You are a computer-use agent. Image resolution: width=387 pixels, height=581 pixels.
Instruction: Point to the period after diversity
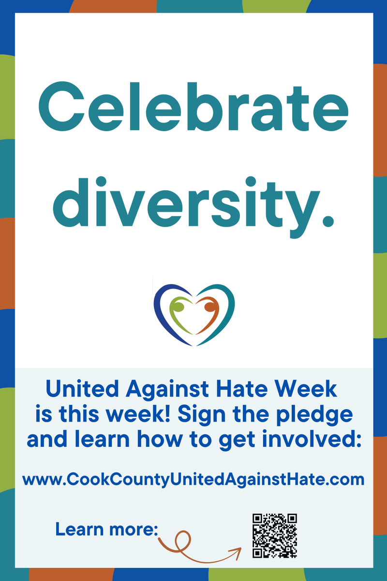click(327, 220)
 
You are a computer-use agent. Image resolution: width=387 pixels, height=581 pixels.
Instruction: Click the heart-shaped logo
click(194, 315)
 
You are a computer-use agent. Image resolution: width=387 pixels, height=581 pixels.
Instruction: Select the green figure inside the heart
click(179, 315)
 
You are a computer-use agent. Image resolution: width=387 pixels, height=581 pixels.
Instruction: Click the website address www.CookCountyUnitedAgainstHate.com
click(193, 479)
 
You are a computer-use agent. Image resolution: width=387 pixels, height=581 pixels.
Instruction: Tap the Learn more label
click(107, 528)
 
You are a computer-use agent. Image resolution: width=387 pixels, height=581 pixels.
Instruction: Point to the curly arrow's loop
click(183, 538)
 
